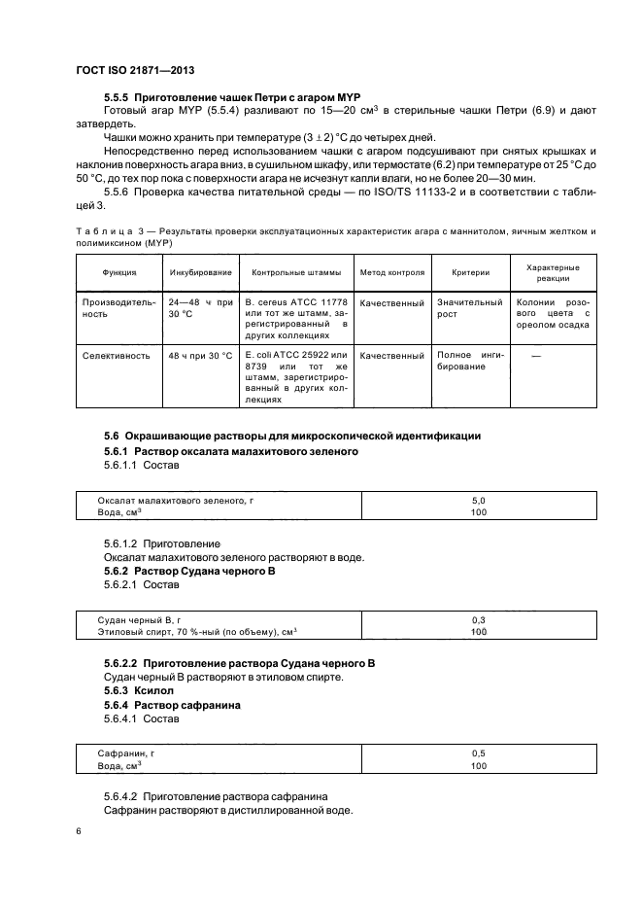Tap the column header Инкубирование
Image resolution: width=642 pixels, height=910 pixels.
click(200, 273)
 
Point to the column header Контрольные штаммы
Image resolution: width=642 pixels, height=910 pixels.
click(296, 273)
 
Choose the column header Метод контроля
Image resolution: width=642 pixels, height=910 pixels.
click(391, 273)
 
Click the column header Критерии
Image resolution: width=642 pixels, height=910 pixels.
click(470, 273)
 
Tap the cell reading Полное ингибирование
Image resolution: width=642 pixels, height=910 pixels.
click(469, 363)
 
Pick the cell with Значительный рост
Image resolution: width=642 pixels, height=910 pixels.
click(469, 309)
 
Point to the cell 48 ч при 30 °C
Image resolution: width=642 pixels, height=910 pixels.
click(199, 356)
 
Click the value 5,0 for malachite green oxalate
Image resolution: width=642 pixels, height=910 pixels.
click(477, 500)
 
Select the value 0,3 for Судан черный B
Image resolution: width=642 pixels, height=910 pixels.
click(477, 619)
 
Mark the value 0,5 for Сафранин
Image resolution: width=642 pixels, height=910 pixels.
click(477, 753)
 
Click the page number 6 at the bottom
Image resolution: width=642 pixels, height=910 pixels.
click(78, 832)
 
